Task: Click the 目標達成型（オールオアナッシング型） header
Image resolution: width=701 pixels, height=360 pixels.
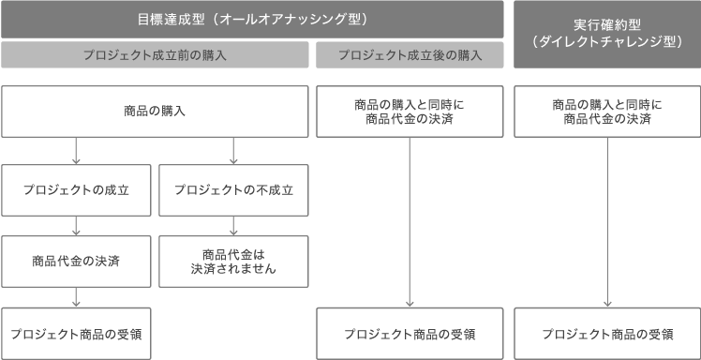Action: tap(252, 19)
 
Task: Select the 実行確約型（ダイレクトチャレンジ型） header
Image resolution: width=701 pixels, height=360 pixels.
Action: tap(607, 34)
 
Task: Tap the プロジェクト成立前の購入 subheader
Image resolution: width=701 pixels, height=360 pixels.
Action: tap(155, 55)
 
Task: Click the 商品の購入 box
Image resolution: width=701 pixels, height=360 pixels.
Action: tap(155, 112)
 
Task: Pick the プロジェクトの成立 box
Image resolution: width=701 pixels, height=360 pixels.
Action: tap(76, 189)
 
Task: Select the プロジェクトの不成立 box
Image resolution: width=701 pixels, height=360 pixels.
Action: tap(233, 189)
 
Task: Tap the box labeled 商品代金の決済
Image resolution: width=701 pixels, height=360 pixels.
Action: tap(76, 258)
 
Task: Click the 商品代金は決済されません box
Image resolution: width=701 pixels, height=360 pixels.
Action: tap(233, 258)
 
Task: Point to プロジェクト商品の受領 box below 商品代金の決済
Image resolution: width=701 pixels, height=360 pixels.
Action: tap(76, 333)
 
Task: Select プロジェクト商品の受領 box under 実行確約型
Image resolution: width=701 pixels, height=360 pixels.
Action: tap(608, 333)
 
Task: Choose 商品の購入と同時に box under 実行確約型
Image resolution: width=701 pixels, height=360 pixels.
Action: tap(608, 112)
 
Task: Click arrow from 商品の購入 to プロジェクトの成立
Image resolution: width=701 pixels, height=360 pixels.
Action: tap(76, 150)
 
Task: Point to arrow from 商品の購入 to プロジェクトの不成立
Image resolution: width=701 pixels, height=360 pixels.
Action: tap(233, 150)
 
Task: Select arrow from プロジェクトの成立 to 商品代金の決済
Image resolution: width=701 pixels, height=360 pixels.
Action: tap(76, 225)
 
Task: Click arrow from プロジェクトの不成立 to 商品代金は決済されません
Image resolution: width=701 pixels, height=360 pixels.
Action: tap(233, 225)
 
